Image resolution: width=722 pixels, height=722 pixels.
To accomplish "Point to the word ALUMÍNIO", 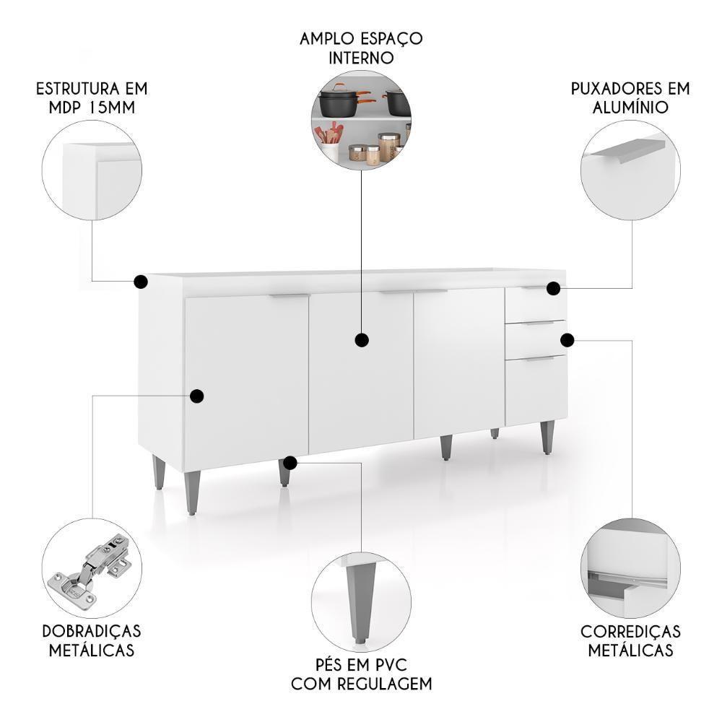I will pos(630,108).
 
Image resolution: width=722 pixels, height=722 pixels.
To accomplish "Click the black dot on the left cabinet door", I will pos(196,396).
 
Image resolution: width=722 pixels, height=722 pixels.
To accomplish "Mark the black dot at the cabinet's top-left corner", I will pos(141,281).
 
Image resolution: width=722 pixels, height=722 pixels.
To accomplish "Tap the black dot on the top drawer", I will pos(553,288).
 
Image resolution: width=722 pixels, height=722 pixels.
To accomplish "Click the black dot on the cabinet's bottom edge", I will pos(290,462).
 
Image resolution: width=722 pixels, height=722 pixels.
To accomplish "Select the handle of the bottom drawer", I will pos(539,358).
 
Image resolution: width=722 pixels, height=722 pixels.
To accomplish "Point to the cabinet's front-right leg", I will pos(548,438).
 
